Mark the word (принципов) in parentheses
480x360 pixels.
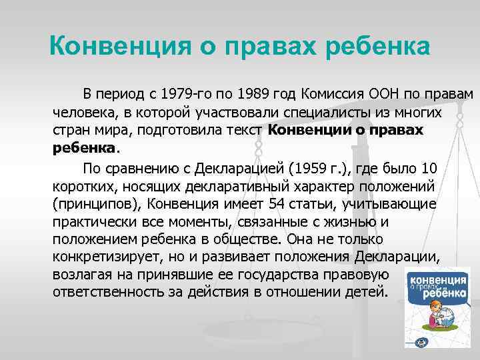pyautogui.click(x=96, y=203)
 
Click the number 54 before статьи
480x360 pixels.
pyautogui.click(x=277, y=203)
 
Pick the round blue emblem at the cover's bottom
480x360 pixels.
pyautogui.click(x=421, y=342)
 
